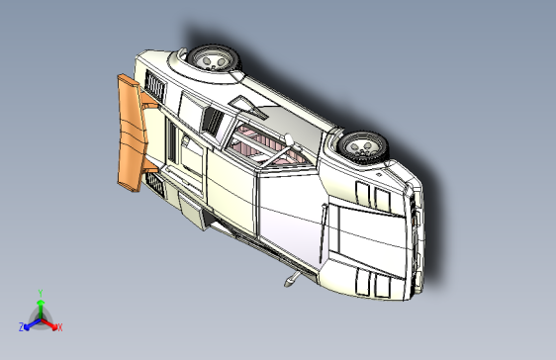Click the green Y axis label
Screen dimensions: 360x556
[40, 292]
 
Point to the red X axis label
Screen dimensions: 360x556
[59, 326]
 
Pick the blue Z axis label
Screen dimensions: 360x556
[21, 326]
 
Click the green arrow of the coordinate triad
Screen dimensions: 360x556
[40, 306]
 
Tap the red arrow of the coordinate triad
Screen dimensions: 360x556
[50, 322]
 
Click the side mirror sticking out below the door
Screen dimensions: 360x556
[290, 281]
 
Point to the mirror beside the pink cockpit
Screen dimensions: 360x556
[284, 137]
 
